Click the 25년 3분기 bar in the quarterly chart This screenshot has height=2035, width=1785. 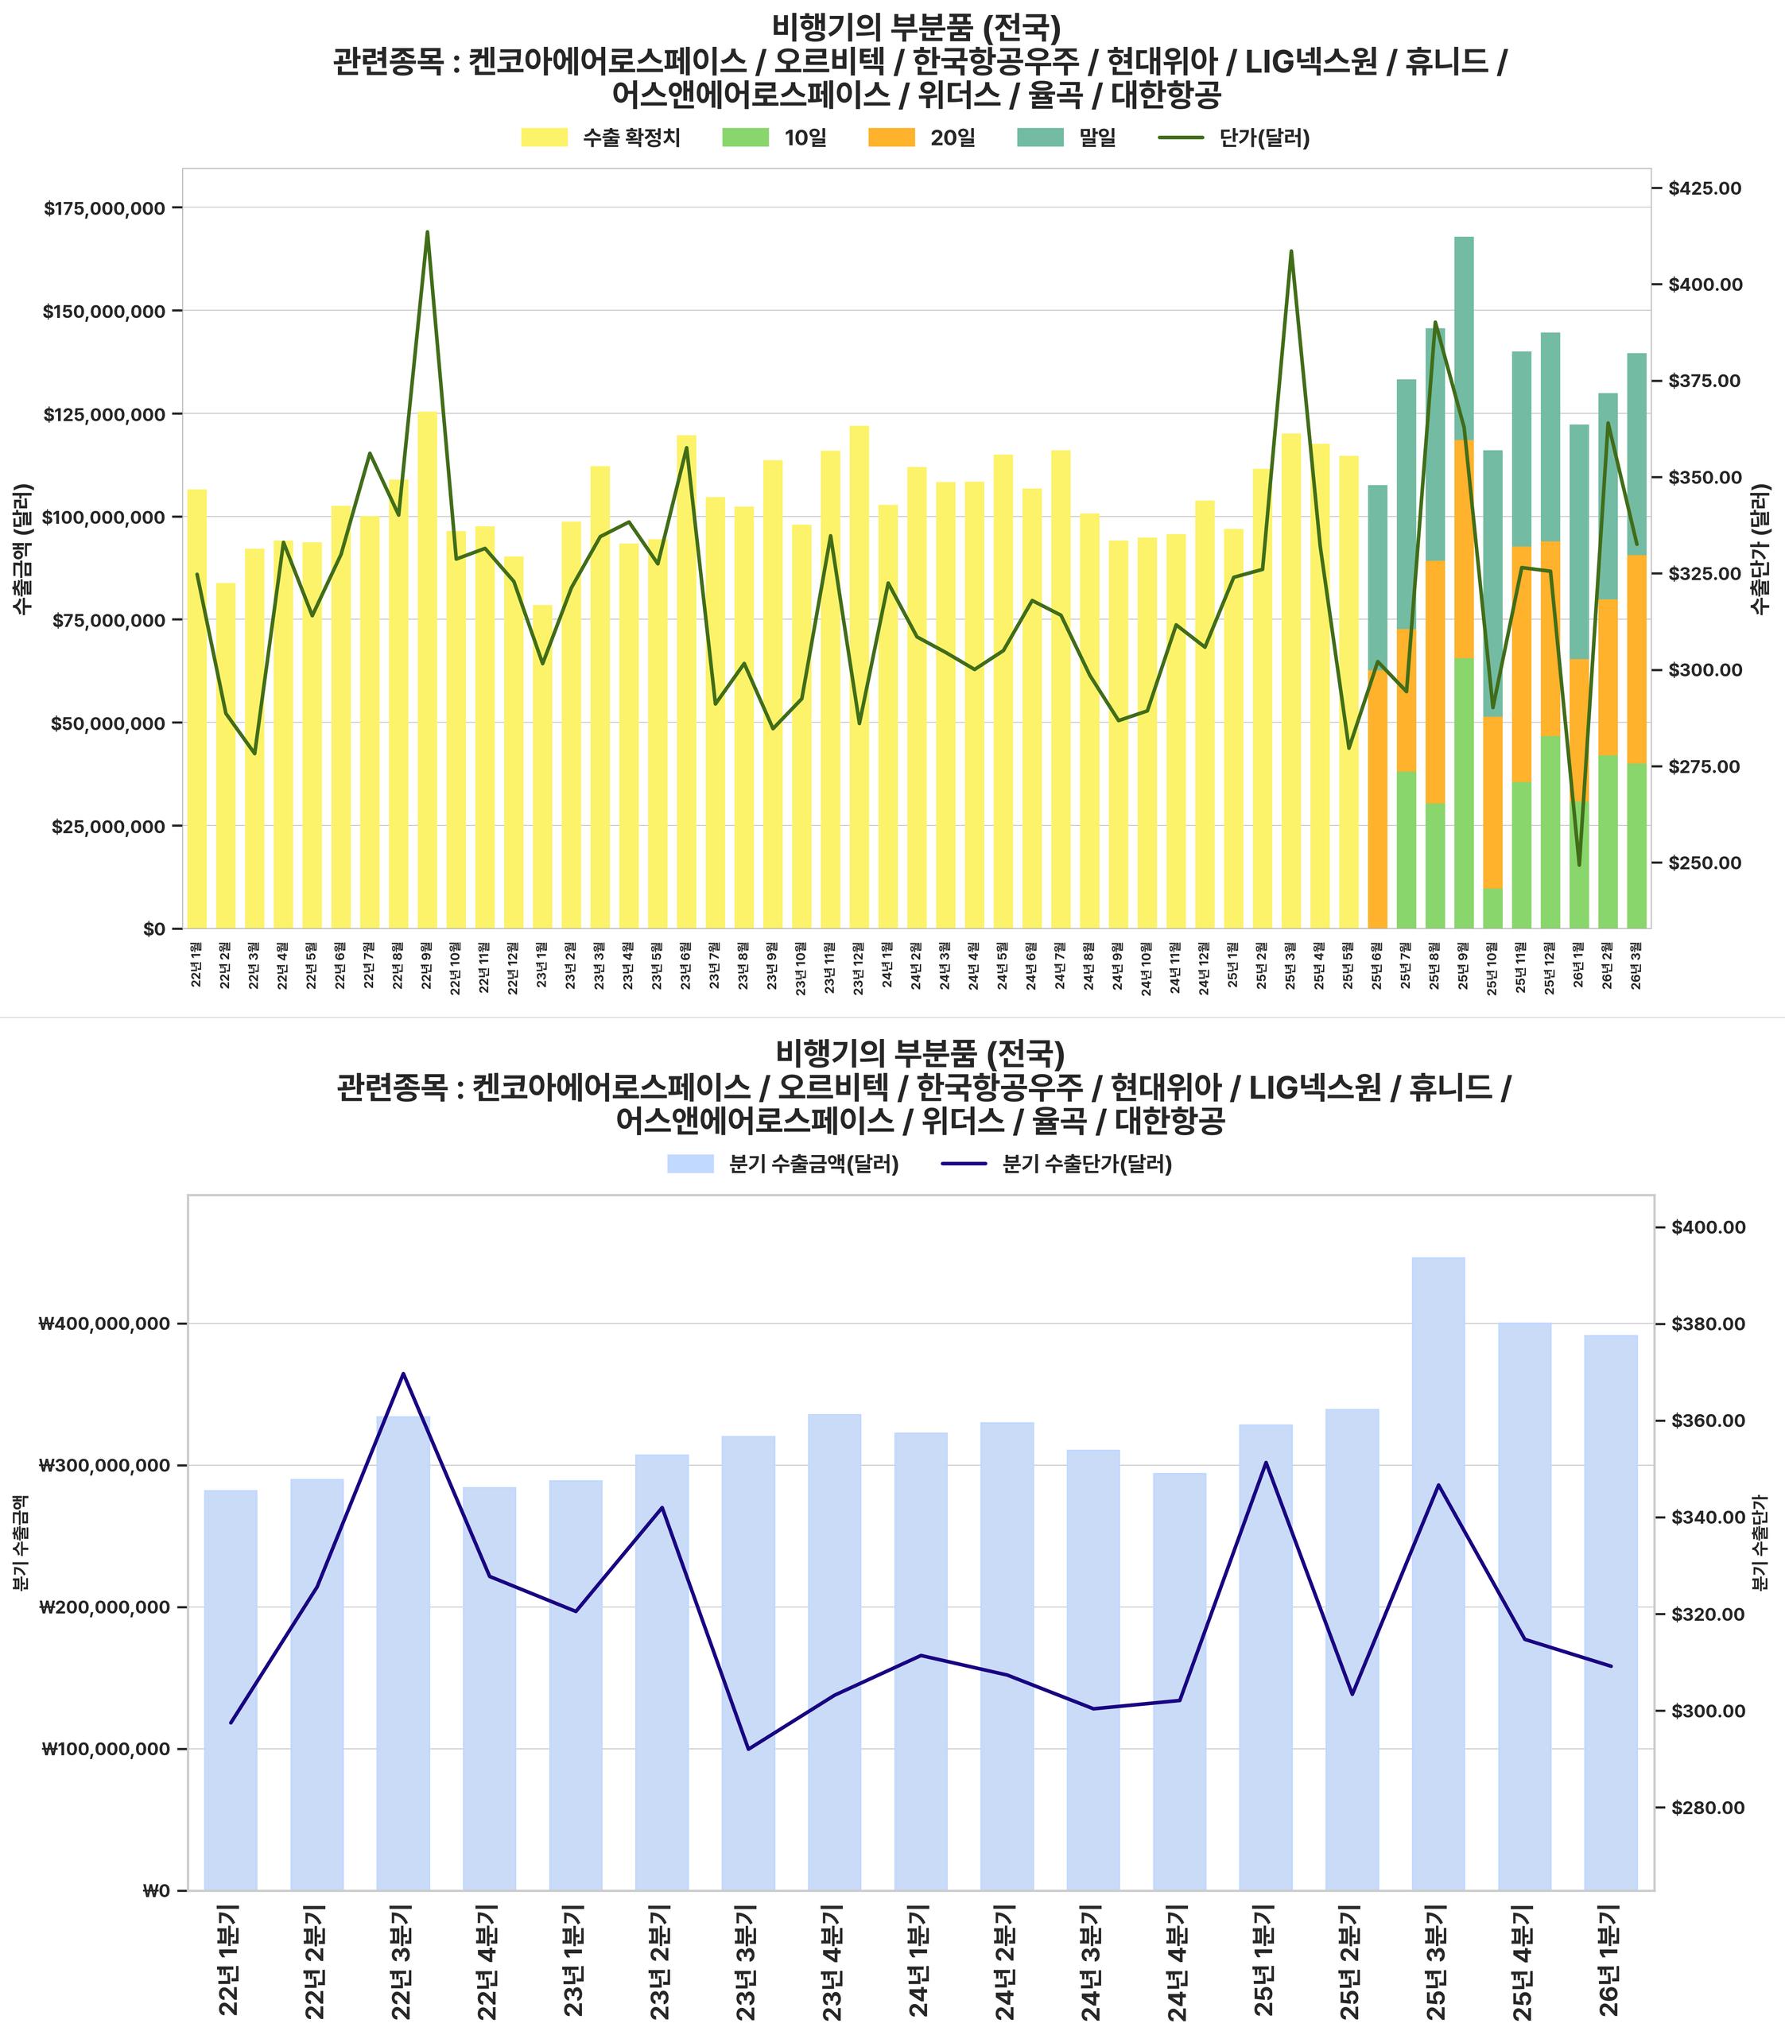[x=1438, y=1572]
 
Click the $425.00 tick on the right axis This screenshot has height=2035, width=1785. [x=1705, y=188]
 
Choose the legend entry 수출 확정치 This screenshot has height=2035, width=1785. [x=600, y=138]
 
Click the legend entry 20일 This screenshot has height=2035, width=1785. [x=922, y=138]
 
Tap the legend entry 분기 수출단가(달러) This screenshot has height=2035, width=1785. [x=1057, y=1164]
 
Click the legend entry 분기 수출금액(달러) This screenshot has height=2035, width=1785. [x=784, y=1164]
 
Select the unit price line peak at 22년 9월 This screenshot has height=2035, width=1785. [x=427, y=233]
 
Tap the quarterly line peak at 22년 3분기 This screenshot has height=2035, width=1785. [x=403, y=1374]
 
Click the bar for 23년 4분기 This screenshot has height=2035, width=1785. [x=835, y=1652]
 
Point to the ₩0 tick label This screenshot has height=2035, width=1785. [x=157, y=1890]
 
